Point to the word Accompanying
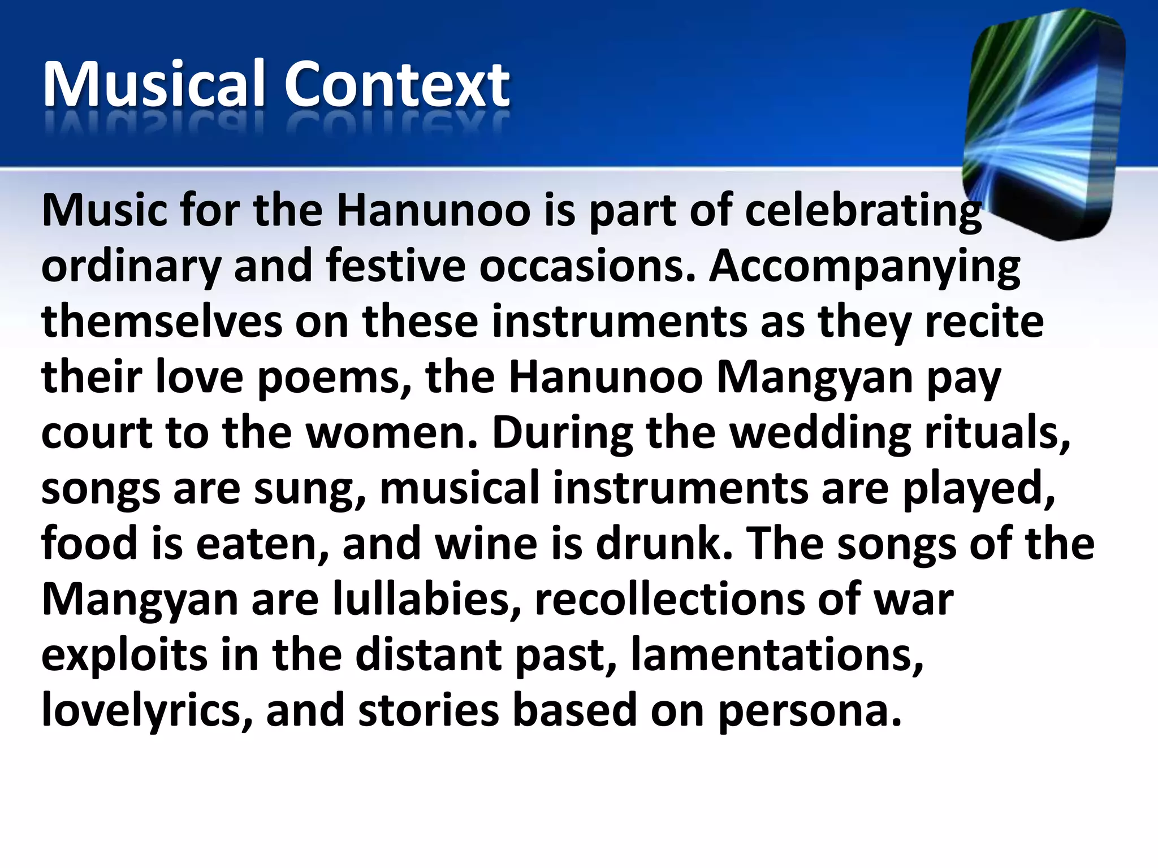865,267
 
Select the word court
97,433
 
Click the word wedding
820,433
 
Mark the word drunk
664,544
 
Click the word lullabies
427,599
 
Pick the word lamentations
777,654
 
